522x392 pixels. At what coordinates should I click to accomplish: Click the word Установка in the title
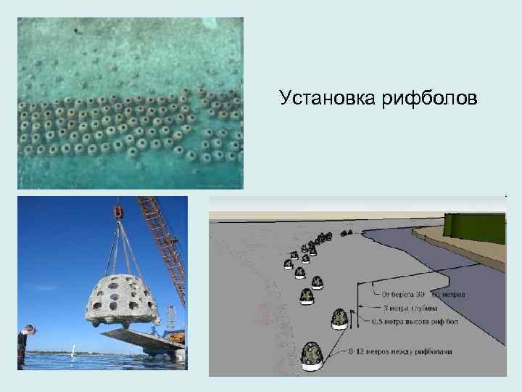click(326, 97)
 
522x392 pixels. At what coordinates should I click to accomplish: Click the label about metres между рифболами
click(410, 351)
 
